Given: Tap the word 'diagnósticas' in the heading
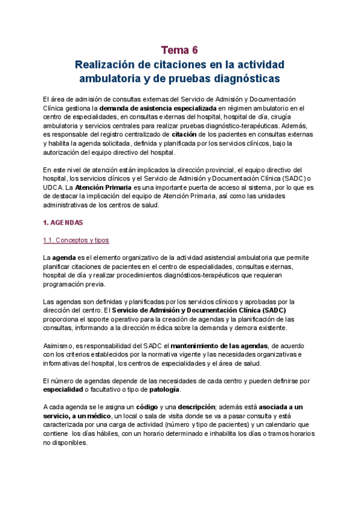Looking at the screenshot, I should click(x=248, y=79).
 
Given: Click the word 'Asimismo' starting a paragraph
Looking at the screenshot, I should click(x=58, y=346).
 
